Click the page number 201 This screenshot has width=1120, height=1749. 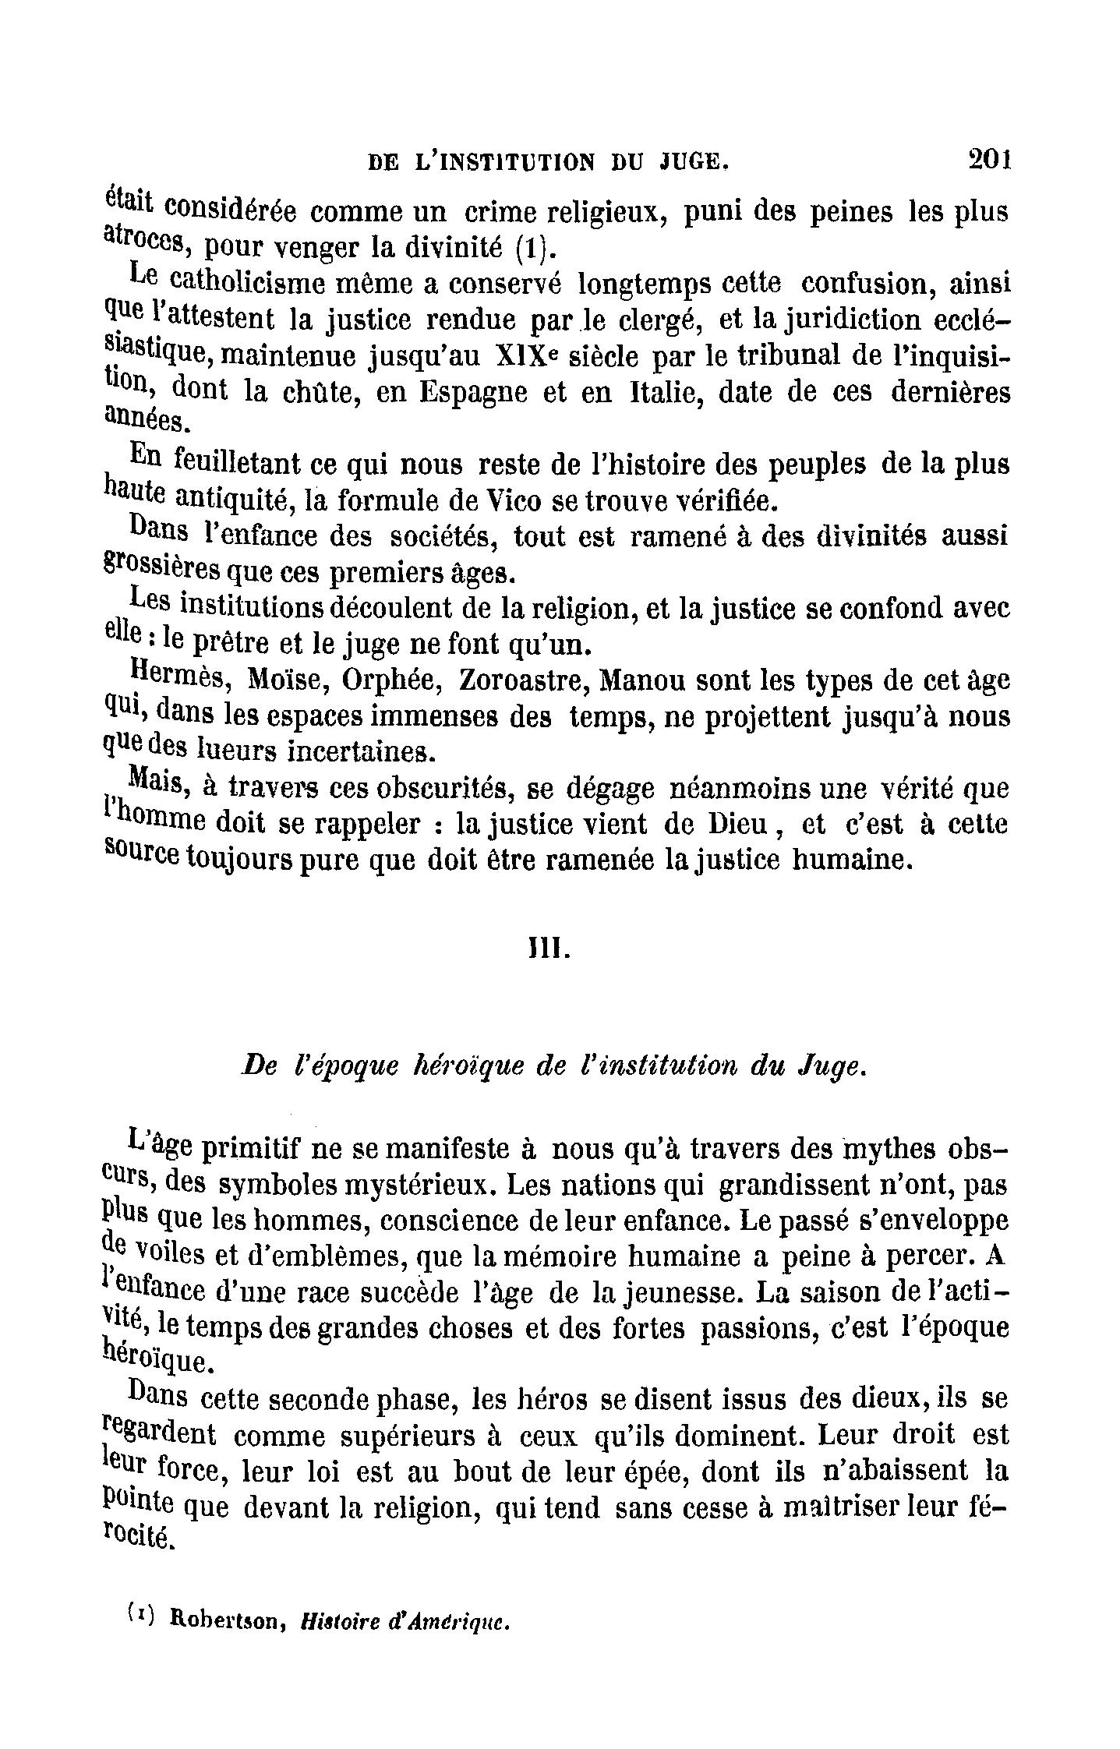pos(988,159)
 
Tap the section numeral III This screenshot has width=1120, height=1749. pos(549,952)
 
